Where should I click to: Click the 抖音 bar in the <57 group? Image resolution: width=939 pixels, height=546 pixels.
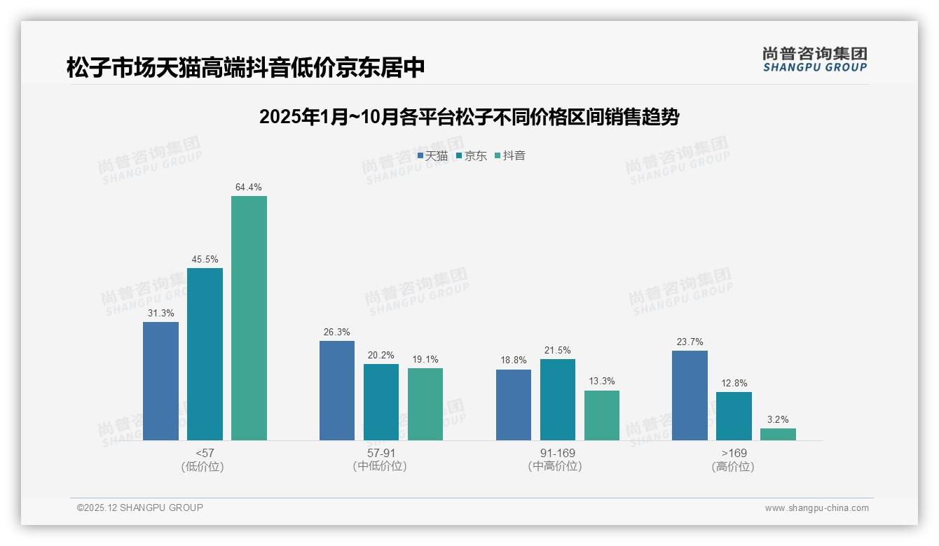click(249, 318)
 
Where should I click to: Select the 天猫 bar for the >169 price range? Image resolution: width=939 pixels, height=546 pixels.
click(690, 395)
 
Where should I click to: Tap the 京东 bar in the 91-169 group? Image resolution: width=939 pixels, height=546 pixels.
click(557, 400)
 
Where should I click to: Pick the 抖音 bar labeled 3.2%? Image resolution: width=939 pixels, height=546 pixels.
click(778, 434)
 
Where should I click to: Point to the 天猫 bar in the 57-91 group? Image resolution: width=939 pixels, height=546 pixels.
click(337, 391)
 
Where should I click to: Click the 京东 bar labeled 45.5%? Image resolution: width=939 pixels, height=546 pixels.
click(205, 354)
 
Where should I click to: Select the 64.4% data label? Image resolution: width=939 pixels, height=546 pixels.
click(249, 188)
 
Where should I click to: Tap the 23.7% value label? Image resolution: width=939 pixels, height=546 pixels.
click(690, 342)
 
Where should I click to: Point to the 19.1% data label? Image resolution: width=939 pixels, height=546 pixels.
click(425, 360)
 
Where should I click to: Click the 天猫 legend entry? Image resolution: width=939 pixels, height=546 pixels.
click(432, 156)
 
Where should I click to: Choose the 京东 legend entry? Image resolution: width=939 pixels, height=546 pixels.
click(472, 156)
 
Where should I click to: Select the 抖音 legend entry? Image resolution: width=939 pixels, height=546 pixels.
click(511, 156)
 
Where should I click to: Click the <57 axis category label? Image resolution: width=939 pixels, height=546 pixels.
click(205, 454)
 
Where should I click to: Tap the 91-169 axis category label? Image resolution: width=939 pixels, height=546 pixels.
click(558, 454)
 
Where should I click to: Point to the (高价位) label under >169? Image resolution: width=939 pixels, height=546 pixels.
click(734, 467)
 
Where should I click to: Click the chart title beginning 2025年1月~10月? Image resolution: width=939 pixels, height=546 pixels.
click(469, 117)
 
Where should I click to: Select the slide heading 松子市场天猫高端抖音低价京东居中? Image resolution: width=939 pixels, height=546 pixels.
click(246, 68)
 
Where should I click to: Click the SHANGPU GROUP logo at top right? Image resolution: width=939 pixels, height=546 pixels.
click(814, 59)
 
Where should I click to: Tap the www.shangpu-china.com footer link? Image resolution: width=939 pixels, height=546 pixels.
click(816, 508)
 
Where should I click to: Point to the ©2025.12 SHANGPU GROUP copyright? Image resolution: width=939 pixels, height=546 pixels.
click(140, 508)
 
